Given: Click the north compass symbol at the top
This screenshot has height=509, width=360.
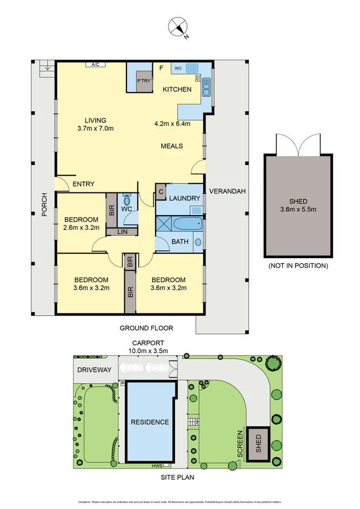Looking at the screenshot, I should pos(179,28).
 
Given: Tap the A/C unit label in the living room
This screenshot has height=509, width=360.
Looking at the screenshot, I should pos(96,65).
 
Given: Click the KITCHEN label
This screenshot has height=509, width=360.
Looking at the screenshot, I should pos(177,89).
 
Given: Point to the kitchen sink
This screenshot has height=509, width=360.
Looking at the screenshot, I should pos(206,85).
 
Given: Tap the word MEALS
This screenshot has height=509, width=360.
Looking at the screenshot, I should pos(172,146).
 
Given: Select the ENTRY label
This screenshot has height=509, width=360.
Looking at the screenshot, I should pos(83,184).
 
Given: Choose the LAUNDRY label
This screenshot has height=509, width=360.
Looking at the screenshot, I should pos(184,198).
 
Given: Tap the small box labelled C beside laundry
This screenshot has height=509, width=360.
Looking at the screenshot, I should pos(161,190).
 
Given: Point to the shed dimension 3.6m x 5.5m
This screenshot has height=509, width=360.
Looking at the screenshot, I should pos(298,209).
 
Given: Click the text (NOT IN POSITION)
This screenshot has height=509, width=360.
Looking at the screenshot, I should pos(298,266).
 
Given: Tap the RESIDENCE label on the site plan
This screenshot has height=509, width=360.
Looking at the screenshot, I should pos(149,422).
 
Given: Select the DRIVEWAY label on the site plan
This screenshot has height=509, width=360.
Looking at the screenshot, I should pos(94,370).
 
